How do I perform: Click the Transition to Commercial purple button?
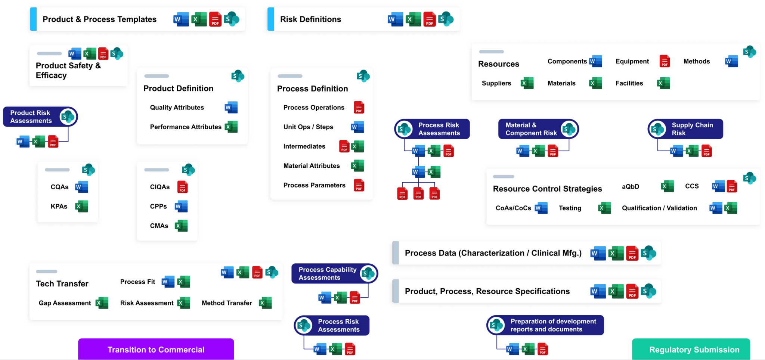(156, 349)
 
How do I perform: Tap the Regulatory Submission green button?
(694, 349)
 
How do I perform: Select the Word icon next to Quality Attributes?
(231, 108)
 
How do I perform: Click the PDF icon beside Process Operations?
(359, 108)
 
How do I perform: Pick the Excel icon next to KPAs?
(81, 206)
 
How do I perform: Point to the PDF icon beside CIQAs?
(182, 187)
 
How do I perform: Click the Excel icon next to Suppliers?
(527, 83)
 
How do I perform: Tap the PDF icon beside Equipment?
(665, 61)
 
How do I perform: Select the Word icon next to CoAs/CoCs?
(541, 208)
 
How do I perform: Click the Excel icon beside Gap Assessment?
(102, 303)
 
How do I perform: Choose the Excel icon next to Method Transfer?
(265, 303)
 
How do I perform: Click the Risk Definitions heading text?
(310, 19)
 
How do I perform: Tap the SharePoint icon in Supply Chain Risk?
(657, 129)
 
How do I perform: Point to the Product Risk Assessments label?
(31, 117)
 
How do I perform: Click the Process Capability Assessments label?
(327, 273)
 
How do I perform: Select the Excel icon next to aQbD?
(667, 186)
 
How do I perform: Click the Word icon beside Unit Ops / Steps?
(357, 127)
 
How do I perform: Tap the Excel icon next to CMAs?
(181, 226)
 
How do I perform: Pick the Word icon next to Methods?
(731, 61)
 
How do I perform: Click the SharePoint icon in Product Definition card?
(238, 76)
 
